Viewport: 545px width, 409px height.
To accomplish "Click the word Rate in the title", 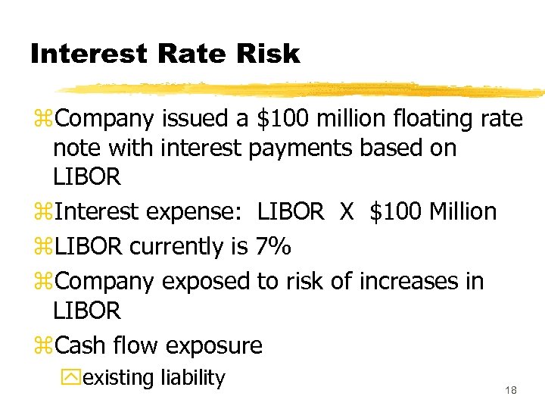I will [187, 54].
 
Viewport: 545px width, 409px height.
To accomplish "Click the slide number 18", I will [511, 390].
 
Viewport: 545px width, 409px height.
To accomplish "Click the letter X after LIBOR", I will [347, 211].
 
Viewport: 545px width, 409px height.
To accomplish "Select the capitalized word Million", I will [462, 211].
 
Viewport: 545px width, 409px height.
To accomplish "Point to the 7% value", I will [271, 246].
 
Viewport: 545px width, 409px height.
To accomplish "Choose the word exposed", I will [207, 282].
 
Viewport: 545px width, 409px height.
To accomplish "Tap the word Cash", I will [82, 345].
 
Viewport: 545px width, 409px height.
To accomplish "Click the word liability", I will [192, 377].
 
